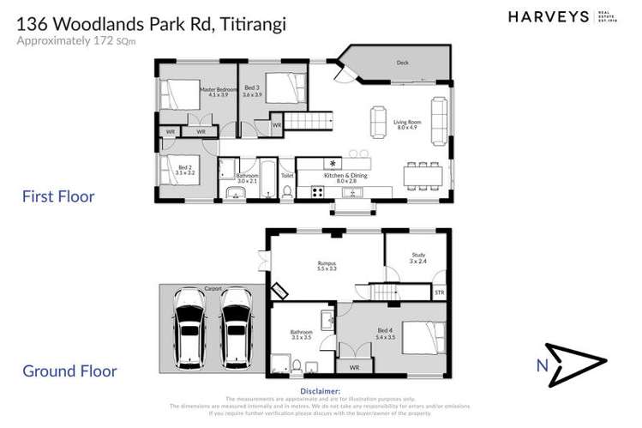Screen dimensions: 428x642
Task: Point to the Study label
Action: pos(417,258)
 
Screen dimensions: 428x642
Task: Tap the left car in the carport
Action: pos(189,327)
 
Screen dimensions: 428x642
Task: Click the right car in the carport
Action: pos(236,327)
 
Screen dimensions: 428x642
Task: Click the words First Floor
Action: pos(58,196)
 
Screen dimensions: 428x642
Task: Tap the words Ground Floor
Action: pos(69,371)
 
